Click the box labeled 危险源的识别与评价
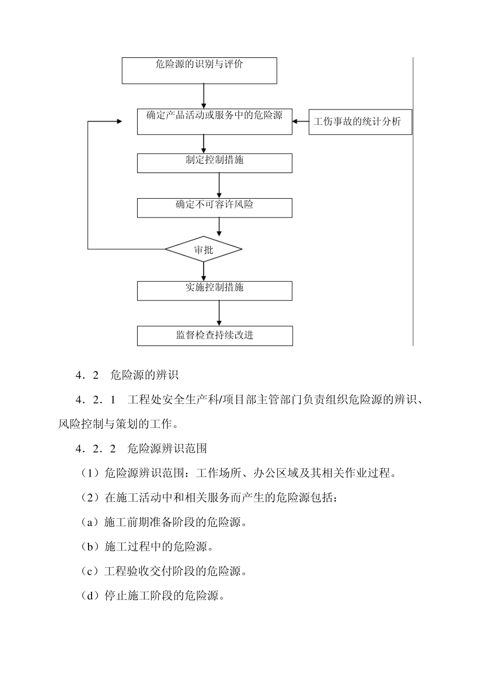[199, 70]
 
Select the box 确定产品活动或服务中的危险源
[214, 121]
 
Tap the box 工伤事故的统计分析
[360, 122]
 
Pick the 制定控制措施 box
[214, 163]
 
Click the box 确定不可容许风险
[214, 208]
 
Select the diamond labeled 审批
[204, 250]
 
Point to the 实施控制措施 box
[214, 290]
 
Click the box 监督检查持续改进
[214, 336]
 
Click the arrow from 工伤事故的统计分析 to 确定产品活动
[301, 122]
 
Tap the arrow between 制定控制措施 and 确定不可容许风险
[219, 185]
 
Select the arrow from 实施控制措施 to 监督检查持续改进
[219, 313]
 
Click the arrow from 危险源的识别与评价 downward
[204, 96]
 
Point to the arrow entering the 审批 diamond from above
[219, 227]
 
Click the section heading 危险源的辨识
[144, 375]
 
